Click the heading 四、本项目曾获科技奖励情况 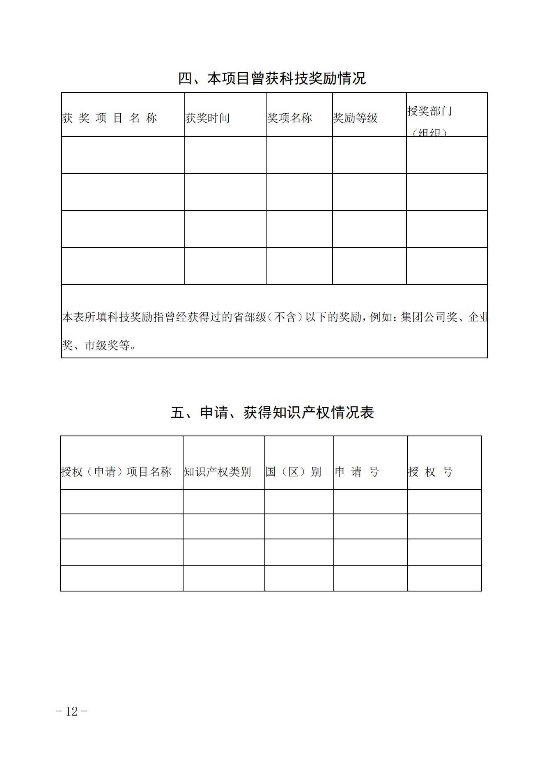(x=272, y=78)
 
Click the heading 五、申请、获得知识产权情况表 (x=272, y=413)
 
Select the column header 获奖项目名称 (x=110, y=118)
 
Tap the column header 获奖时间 (x=207, y=118)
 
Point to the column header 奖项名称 (x=289, y=118)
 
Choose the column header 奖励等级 (x=355, y=118)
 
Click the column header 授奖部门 (x=429, y=111)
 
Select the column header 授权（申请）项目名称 (x=116, y=472)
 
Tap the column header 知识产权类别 (x=217, y=472)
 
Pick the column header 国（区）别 (x=293, y=472)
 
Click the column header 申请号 (x=356, y=472)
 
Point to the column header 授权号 (x=430, y=472)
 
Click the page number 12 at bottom (x=71, y=711)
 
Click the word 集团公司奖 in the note (x=429, y=317)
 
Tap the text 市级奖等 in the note (x=108, y=346)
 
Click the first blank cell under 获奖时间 (x=225, y=155)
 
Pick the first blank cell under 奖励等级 (x=369, y=155)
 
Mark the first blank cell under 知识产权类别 (x=224, y=502)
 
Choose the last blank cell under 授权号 (x=444, y=578)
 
